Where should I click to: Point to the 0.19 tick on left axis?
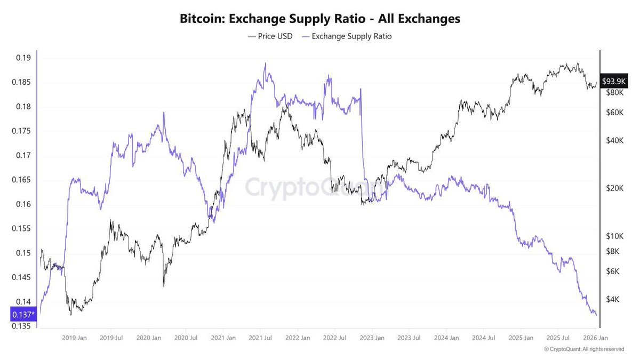(x=22, y=58)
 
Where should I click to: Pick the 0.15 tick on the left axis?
(x=22, y=253)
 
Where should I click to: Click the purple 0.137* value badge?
(x=23, y=315)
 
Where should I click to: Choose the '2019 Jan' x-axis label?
(x=75, y=338)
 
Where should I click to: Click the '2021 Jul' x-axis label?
(x=260, y=338)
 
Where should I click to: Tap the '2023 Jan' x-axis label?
(x=372, y=338)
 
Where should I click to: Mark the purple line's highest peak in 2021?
(x=265, y=63)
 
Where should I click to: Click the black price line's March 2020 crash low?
(x=163, y=286)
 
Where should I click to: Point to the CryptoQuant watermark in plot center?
(x=317, y=188)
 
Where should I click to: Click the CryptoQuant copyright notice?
(x=583, y=349)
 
